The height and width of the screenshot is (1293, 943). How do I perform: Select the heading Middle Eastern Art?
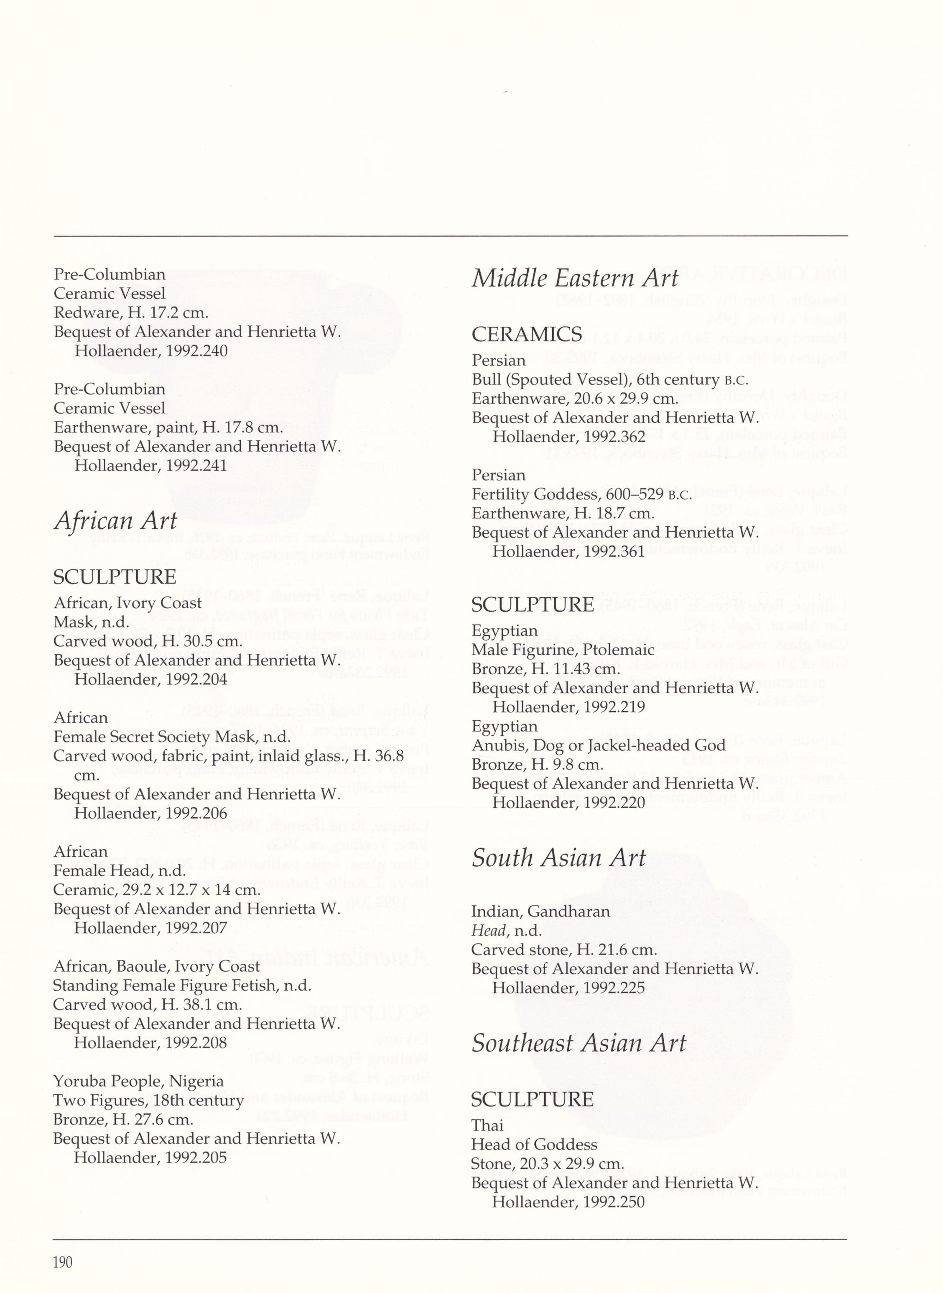(575, 279)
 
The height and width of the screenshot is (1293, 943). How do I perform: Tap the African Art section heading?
(115, 521)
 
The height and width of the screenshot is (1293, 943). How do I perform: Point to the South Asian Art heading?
(558, 858)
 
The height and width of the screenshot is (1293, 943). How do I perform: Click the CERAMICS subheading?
(527, 335)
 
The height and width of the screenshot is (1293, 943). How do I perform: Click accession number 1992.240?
(196, 351)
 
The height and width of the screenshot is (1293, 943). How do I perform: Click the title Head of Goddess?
(534, 1144)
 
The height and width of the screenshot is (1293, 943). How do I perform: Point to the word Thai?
(487, 1126)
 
